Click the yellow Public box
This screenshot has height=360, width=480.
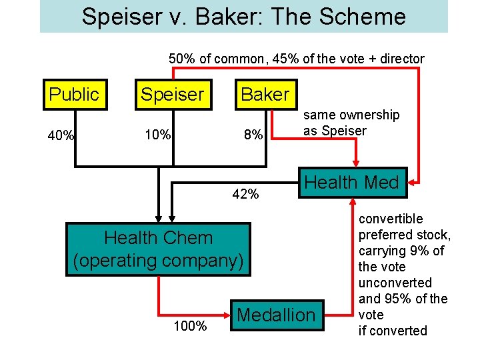click(x=73, y=94)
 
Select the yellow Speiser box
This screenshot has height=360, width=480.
click(x=171, y=94)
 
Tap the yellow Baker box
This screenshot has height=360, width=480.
click(x=265, y=94)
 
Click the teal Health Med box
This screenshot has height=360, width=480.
click(x=351, y=182)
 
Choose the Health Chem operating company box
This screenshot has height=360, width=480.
click(x=159, y=249)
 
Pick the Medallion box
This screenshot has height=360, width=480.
click(x=276, y=315)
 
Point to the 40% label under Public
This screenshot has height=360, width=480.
click(x=61, y=136)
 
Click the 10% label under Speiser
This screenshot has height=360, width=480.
click(x=158, y=136)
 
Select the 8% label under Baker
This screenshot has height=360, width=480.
click(x=253, y=136)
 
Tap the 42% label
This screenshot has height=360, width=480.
click(x=245, y=194)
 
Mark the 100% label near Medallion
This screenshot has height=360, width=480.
click(x=189, y=326)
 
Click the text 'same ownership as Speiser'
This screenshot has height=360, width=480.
click(x=351, y=123)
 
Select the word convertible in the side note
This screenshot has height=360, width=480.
click(x=391, y=219)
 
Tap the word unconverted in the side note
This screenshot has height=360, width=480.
click(x=395, y=283)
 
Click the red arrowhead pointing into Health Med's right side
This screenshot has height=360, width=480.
click(x=413, y=181)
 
